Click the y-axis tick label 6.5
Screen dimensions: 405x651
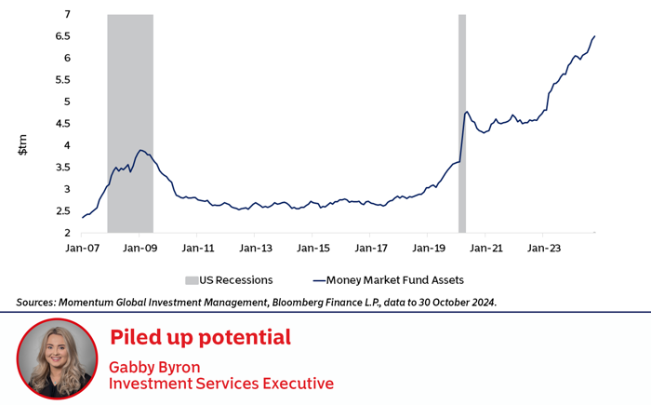point(62,36)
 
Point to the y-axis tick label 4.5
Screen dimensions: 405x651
point(62,124)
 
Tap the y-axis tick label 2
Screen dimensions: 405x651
point(67,233)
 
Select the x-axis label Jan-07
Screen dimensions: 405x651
point(82,249)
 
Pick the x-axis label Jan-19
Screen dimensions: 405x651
point(427,249)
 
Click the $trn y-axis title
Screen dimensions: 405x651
point(24,145)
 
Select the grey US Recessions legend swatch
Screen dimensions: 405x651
point(192,279)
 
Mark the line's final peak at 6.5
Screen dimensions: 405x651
point(594,36)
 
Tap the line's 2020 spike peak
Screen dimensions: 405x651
point(466,112)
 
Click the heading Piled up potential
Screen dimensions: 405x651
point(200,337)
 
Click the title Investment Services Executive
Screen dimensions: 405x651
point(221,383)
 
